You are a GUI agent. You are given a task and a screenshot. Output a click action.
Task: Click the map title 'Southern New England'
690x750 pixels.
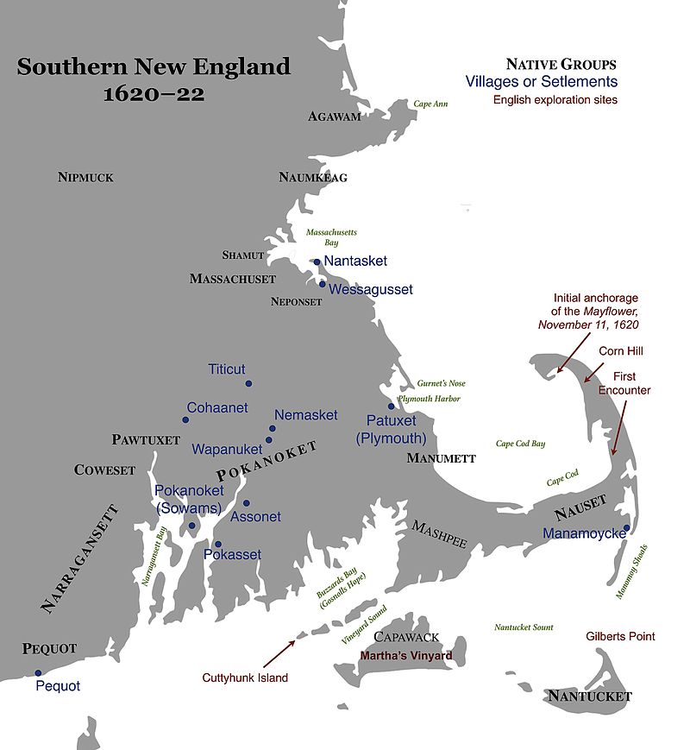[x=154, y=66]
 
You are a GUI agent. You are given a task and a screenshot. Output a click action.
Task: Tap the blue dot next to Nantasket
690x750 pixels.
[x=317, y=262]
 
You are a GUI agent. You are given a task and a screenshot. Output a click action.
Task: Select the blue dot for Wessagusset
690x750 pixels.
[x=322, y=283]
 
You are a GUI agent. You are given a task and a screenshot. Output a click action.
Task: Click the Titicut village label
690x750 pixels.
[x=227, y=369]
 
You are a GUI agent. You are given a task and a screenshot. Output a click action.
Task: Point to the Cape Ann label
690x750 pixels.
[x=430, y=104]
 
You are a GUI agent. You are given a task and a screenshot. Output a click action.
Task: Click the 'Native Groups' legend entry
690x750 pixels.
[x=561, y=65]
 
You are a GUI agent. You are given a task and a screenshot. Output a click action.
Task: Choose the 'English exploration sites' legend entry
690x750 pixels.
[x=555, y=99]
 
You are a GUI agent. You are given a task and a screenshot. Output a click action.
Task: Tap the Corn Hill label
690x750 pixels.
[x=621, y=351]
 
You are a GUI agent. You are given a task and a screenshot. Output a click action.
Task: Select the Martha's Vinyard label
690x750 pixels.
[x=405, y=656]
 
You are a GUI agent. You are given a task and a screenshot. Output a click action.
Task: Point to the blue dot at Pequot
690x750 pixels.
[x=38, y=672]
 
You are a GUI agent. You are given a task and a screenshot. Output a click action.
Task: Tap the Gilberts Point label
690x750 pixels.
[x=620, y=636]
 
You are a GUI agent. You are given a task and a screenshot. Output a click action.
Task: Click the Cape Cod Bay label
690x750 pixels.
[x=520, y=444]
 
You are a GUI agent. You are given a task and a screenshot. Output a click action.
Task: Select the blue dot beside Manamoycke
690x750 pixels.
[x=626, y=528]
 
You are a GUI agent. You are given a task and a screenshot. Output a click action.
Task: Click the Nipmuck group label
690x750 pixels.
[x=85, y=178]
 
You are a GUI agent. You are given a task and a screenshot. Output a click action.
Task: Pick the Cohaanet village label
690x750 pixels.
[x=216, y=407]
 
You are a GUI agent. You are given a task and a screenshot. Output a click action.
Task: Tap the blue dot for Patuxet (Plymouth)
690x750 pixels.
[x=391, y=406]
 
